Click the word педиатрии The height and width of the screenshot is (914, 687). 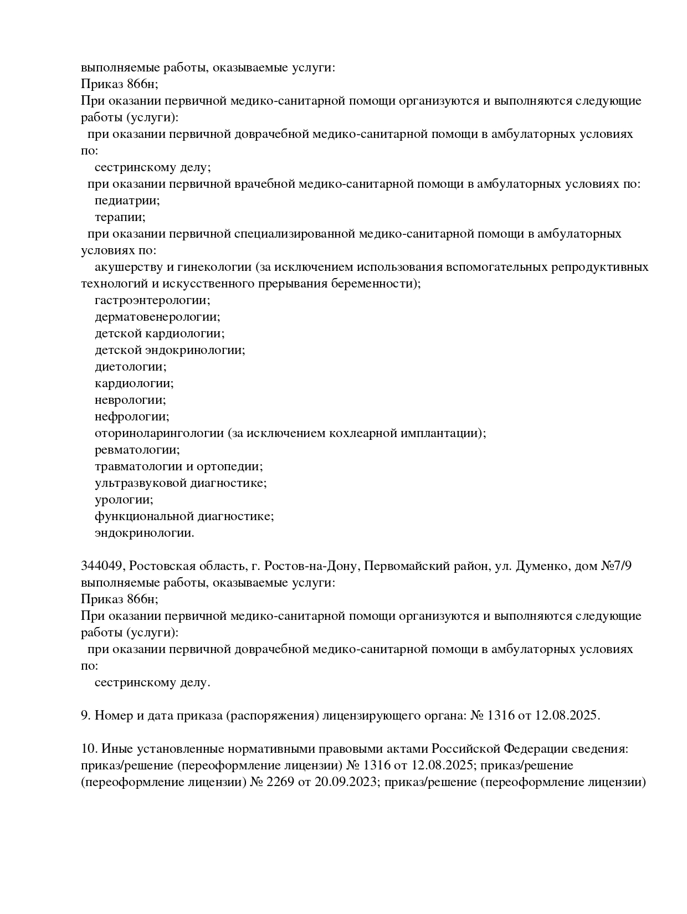(x=127, y=201)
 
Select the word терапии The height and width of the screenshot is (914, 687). (x=120, y=217)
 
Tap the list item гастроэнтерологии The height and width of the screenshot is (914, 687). (x=152, y=300)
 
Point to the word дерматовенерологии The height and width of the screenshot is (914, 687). (x=157, y=317)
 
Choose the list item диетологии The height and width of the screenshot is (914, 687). (x=130, y=367)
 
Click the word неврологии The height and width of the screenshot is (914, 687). (x=130, y=400)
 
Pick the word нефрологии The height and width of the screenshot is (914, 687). (x=132, y=417)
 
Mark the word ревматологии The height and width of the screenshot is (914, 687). (x=137, y=450)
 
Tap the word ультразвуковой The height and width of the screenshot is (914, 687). (x=141, y=483)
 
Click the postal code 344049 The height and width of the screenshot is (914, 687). (x=104, y=566)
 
